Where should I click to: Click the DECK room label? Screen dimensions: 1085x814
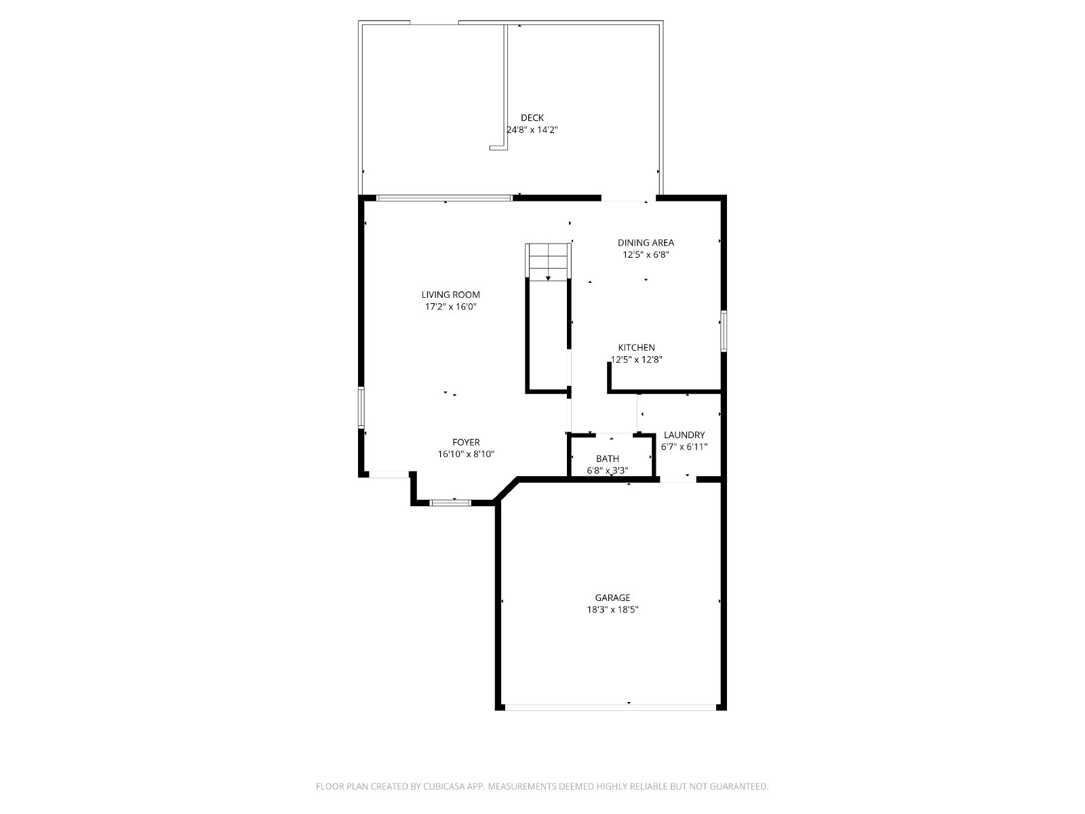[x=532, y=117]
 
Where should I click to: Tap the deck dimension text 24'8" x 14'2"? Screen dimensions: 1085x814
[x=532, y=130]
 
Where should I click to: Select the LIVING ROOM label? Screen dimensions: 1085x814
[x=450, y=294]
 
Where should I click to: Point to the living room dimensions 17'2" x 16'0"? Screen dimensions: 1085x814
[x=450, y=307]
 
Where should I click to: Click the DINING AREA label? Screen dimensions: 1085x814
[x=646, y=243]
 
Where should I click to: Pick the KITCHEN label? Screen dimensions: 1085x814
[x=636, y=347]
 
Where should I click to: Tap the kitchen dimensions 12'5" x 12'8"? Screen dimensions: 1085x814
[x=636, y=360]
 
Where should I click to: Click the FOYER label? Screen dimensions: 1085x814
[x=466, y=442]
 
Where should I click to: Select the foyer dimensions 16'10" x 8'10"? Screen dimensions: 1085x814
[x=466, y=454]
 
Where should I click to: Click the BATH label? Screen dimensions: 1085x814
[x=607, y=459]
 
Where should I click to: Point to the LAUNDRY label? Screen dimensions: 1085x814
[x=684, y=435]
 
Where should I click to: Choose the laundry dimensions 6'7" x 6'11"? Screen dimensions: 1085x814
[x=684, y=447]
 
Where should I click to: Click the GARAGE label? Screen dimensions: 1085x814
[x=612, y=598]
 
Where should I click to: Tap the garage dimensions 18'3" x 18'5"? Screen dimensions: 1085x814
[x=612, y=609]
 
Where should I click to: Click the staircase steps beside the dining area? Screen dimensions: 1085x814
[x=548, y=262]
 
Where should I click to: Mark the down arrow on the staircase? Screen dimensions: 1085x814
[x=548, y=277]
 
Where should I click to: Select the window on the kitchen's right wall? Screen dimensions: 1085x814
[x=723, y=330]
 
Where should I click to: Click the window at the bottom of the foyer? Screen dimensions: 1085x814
[x=450, y=503]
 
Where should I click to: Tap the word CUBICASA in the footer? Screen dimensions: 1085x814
[x=444, y=786]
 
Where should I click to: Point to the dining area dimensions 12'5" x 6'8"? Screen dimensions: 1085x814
[x=646, y=254]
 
